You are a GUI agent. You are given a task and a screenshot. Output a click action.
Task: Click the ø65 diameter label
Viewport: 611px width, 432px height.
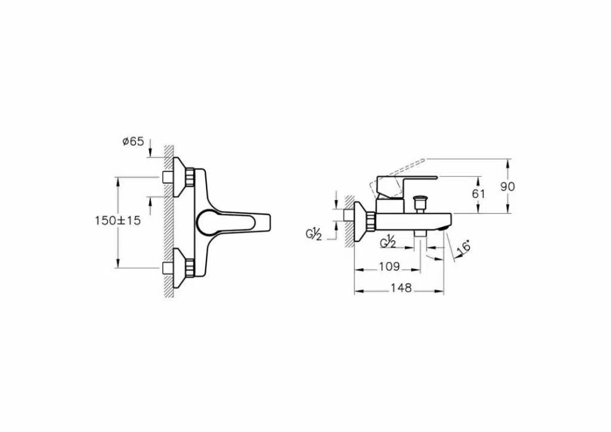click(x=133, y=141)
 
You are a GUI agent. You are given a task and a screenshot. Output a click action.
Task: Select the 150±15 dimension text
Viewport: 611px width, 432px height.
click(x=118, y=220)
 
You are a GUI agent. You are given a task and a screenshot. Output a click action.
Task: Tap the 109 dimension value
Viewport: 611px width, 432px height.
click(x=389, y=266)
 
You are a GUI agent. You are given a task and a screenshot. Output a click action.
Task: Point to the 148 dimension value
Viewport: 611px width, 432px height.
click(x=401, y=288)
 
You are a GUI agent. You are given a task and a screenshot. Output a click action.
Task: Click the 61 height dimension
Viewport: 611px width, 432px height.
click(x=478, y=194)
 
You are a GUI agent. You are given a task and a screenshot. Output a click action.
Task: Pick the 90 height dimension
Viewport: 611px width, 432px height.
click(x=507, y=186)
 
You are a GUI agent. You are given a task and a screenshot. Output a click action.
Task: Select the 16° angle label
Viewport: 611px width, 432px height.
click(x=464, y=247)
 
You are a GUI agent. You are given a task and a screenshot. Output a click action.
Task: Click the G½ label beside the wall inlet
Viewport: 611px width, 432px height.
click(x=314, y=235)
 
